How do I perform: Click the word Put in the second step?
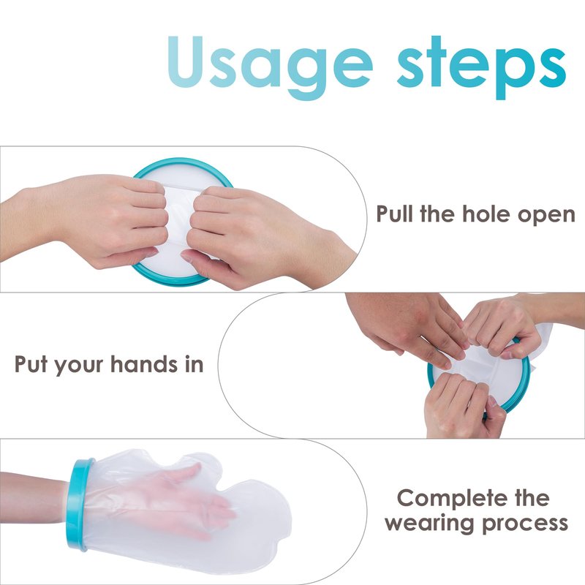coord(31,363)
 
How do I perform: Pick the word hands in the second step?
coord(144,363)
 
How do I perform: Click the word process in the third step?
coord(525,524)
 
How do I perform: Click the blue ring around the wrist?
coord(80,505)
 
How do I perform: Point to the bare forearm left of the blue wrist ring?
coord(34,498)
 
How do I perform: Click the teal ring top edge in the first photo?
coord(183,162)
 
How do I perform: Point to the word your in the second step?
coord(79,366)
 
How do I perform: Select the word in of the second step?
coord(194,363)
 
